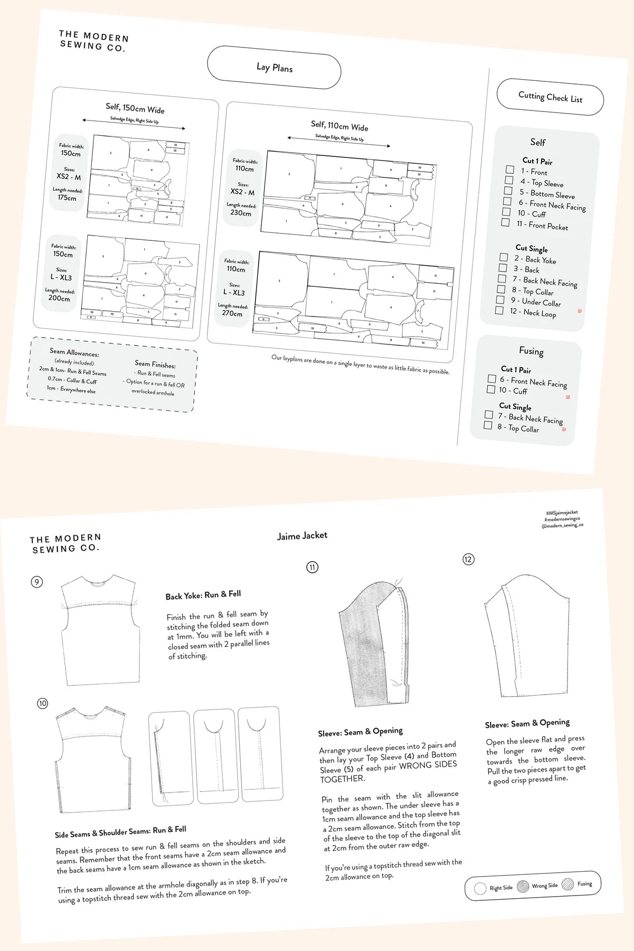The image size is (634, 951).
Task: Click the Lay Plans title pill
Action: click(x=274, y=68)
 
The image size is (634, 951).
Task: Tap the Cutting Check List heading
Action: click(x=550, y=97)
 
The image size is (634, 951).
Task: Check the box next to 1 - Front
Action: click(x=509, y=170)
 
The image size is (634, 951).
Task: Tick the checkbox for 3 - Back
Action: click(x=503, y=268)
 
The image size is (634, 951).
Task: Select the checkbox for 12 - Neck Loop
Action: click(x=499, y=310)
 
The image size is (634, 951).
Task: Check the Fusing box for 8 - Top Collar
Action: click(x=488, y=425)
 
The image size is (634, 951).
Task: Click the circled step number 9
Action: click(x=36, y=582)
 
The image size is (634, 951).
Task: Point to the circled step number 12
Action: click(x=468, y=560)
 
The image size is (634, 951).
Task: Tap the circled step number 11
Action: click(x=313, y=567)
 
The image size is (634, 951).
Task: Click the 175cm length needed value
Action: click(x=67, y=198)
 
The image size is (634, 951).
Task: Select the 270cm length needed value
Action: click(x=232, y=313)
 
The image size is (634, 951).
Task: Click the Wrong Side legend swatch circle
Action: click(x=523, y=887)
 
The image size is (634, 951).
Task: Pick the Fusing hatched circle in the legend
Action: click(x=567, y=884)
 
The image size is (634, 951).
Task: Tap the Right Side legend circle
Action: click(x=480, y=888)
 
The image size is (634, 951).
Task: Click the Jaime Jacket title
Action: click(x=302, y=536)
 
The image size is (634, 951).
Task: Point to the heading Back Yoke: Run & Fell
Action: click(x=203, y=595)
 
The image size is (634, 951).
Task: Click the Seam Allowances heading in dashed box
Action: click(x=74, y=352)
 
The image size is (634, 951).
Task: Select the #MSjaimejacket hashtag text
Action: click(x=562, y=512)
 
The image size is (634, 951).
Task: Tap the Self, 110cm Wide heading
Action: click(x=339, y=126)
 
